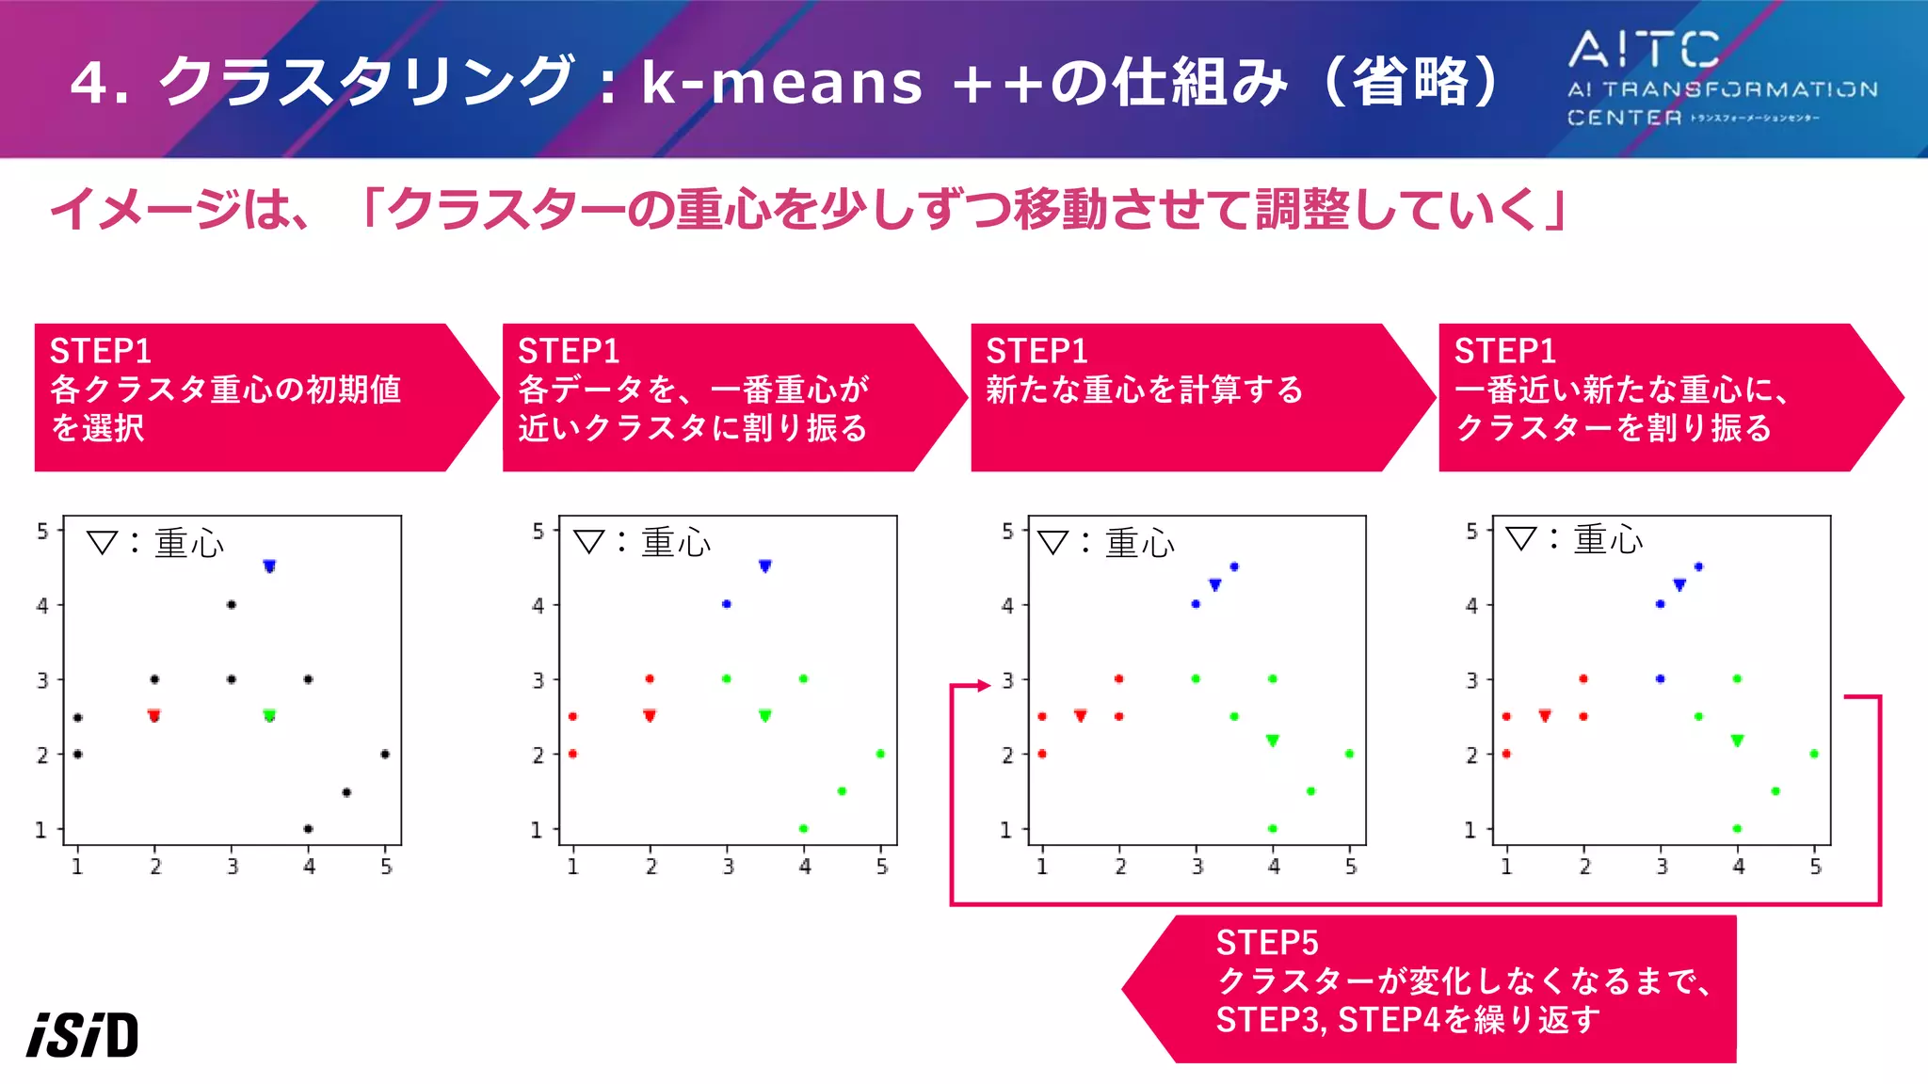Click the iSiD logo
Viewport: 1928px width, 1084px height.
pyautogui.click(x=83, y=1035)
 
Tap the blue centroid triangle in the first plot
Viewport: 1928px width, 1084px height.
pyautogui.click(x=269, y=566)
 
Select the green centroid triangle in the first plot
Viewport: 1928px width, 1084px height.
pyautogui.click(x=269, y=715)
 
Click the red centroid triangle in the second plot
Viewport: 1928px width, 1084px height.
pyautogui.click(x=650, y=715)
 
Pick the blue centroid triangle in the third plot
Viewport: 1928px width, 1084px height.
pyautogui.click(x=1214, y=585)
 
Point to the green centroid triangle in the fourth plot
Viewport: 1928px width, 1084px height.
pyautogui.click(x=1737, y=741)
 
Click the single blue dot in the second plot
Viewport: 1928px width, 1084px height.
pyautogui.click(x=726, y=604)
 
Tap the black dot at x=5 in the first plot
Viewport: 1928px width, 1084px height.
pyautogui.click(x=385, y=754)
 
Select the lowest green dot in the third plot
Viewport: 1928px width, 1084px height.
pyautogui.click(x=1272, y=829)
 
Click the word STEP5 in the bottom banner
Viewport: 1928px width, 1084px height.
pyautogui.click(x=1266, y=943)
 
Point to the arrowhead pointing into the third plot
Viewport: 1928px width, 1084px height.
pyautogui.click(x=984, y=685)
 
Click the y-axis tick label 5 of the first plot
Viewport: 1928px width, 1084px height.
pyautogui.click(x=42, y=532)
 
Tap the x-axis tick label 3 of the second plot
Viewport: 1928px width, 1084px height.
pyautogui.click(x=728, y=867)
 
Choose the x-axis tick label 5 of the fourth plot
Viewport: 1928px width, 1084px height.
pyautogui.click(x=1815, y=867)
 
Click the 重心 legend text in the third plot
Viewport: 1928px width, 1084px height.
pyautogui.click(x=1139, y=543)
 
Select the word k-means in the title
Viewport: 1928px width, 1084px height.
pyautogui.click(x=781, y=83)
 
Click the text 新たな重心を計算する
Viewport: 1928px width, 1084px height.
pyautogui.click(x=1144, y=390)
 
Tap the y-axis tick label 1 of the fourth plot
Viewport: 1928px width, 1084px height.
pyautogui.click(x=1470, y=830)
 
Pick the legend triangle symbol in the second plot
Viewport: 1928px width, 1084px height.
pyautogui.click(x=588, y=541)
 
